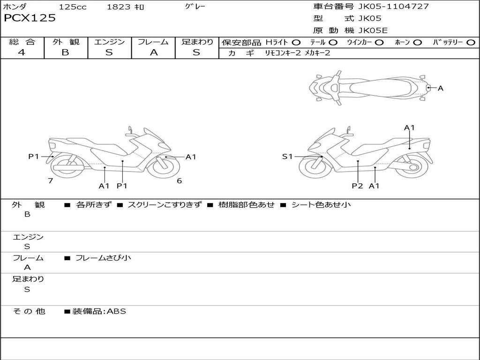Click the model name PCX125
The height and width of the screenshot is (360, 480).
[x=30, y=18]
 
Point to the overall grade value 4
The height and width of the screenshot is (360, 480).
[x=22, y=52]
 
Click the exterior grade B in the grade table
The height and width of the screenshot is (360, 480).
[x=65, y=52]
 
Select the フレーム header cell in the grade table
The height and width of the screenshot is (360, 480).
[x=153, y=42]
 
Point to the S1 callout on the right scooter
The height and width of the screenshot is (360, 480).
[x=287, y=157]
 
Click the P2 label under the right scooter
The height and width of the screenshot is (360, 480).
[x=358, y=186]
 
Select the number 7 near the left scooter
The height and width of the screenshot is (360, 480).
[x=50, y=180]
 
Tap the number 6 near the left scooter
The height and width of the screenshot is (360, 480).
[x=179, y=180]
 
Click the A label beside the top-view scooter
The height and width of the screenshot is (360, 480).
[x=440, y=88]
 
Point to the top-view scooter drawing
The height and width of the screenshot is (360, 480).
[x=370, y=87]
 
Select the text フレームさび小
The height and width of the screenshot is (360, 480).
[x=103, y=258]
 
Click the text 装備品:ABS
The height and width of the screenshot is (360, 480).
[x=99, y=311]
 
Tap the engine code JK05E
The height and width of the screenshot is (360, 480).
[x=373, y=30]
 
